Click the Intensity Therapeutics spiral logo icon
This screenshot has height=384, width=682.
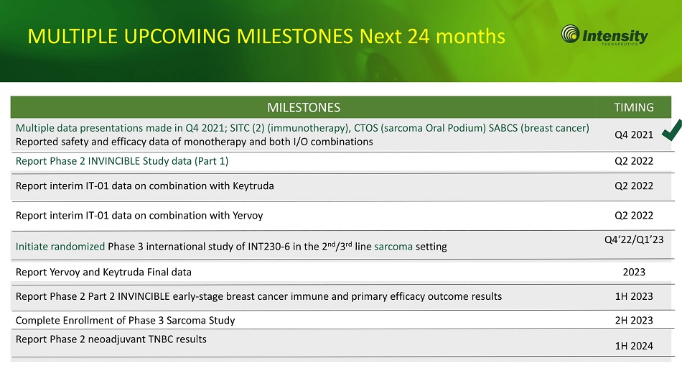click(x=570, y=34)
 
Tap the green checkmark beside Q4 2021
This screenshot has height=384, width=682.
click(x=672, y=130)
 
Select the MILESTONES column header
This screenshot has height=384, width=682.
click(x=304, y=108)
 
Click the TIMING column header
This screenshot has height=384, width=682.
click(x=634, y=107)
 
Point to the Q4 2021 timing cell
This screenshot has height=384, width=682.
click(x=634, y=134)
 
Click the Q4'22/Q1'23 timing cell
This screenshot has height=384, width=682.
click(x=634, y=239)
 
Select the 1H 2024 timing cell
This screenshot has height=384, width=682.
click(x=634, y=346)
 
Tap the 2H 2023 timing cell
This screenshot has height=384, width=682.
click(x=634, y=321)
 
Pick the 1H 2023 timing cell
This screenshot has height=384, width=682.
click(x=634, y=296)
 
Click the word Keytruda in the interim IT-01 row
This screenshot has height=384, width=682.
click(x=253, y=186)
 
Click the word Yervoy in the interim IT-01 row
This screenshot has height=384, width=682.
click(x=248, y=216)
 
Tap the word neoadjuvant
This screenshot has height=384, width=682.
click(x=116, y=340)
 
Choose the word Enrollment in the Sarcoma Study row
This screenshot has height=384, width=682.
click(x=91, y=321)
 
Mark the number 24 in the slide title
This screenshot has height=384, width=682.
click(x=419, y=36)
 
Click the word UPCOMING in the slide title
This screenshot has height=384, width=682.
click(x=177, y=36)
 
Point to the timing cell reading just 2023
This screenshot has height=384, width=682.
click(x=634, y=272)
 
